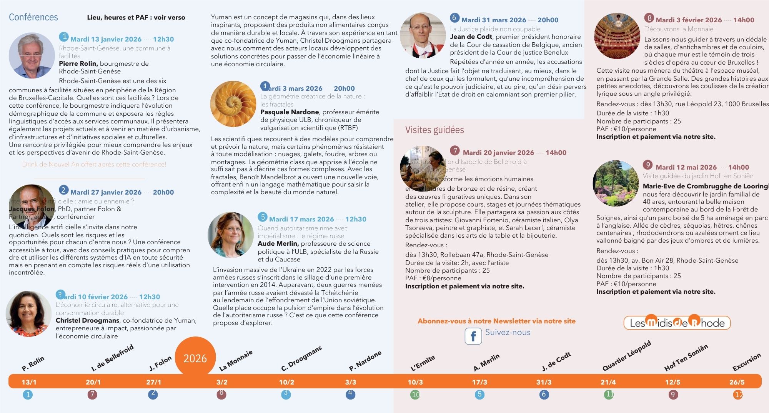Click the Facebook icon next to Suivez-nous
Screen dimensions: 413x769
(x=473, y=336)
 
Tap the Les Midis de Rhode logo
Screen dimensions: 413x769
(x=677, y=323)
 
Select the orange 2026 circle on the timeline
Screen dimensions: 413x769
(x=195, y=358)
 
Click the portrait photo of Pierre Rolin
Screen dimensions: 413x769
(x=32, y=55)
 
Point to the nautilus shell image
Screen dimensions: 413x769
(x=233, y=104)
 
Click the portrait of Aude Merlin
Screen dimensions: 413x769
(x=230, y=235)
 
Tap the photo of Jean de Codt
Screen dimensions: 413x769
(x=423, y=35)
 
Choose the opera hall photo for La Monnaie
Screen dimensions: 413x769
(x=617, y=36)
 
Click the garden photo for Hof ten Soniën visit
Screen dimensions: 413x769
(x=616, y=183)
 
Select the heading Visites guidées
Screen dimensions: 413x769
(x=434, y=130)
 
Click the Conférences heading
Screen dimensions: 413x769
(x=33, y=17)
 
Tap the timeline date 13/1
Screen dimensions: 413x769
(x=29, y=382)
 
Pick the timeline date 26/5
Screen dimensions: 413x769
(x=737, y=382)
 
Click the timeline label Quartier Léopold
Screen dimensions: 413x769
(x=626, y=356)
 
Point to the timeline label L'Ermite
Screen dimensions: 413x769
(x=423, y=363)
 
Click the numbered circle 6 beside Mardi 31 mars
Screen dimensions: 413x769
(x=454, y=18)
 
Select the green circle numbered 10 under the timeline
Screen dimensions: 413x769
(x=415, y=395)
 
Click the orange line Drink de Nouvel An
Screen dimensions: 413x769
(x=94, y=165)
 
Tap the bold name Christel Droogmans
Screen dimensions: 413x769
(x=87, y=320)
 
